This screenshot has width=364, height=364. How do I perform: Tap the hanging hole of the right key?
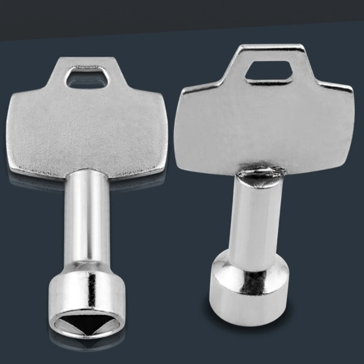[269, 72]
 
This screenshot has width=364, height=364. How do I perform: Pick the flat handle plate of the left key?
[89, 132]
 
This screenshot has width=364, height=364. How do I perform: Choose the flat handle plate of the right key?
[264, 123]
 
